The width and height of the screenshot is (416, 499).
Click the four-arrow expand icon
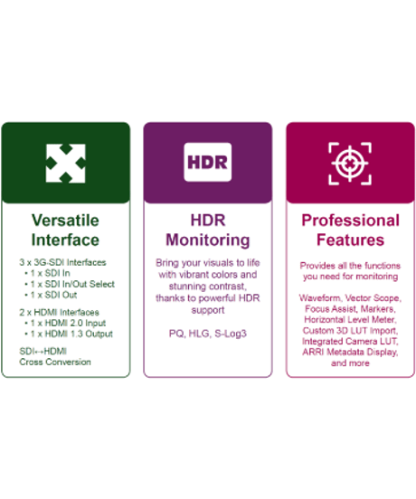click(x=66, y=164)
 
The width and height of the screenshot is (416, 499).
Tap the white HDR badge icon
click(x=207, y=163)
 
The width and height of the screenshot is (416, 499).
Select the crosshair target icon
click(x=350, y=164)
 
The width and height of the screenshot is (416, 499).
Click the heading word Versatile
click(x=65, y=221)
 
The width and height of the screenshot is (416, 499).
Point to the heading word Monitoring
click(x=208, y=240)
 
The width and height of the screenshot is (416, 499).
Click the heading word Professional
click(x=350, y=221)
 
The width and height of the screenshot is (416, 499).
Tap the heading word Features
click(x=350, y=240)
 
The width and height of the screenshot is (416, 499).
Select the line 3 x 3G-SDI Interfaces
click(x=62, y=262)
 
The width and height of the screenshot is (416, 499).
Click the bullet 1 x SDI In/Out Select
click(x=72, y=284)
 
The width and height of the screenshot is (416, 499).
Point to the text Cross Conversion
click(x=55, y=362)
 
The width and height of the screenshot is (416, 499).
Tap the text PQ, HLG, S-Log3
click(x=208, y=334)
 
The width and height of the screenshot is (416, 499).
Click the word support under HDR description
click(x=208, y=310)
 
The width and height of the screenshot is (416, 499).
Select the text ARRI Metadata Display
click(x=350, y=352)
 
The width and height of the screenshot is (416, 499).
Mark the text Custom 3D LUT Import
click(x=350, y=330)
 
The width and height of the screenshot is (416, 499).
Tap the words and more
click(x=350, y=363)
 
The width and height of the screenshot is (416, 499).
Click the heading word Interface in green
click(x=65, y=240)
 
